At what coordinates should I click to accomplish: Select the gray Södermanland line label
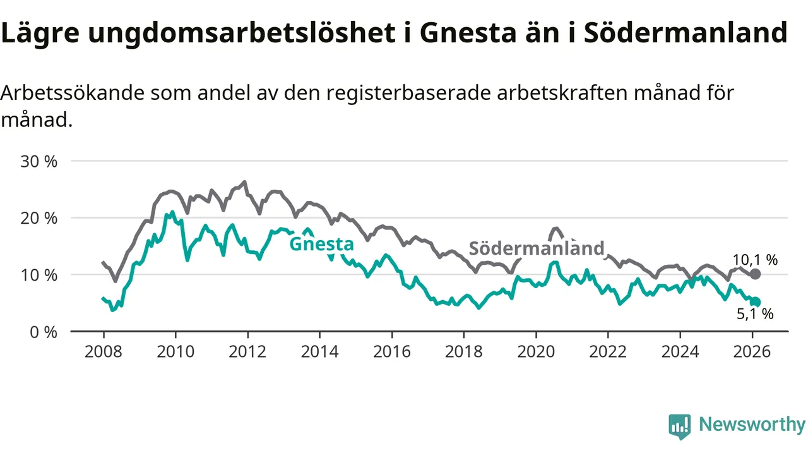click(x=537, y=248)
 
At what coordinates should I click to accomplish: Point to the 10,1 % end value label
click(x=755, y=259)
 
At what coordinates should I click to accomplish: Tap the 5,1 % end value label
click(x=755, y=313)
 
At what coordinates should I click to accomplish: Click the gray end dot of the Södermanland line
click(x=755, y=274)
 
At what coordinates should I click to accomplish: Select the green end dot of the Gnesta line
click(x=755, y=302)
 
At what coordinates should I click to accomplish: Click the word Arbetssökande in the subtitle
click(x=73, y=93)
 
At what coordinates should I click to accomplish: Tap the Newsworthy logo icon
click(x=679, y=426)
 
